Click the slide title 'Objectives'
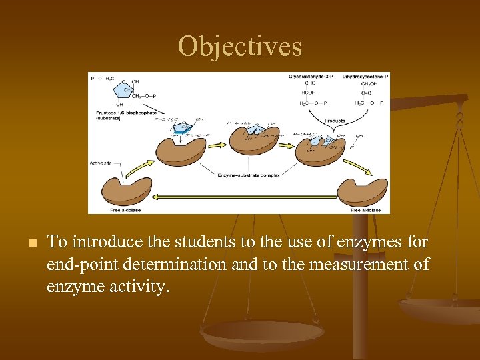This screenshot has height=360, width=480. click(240, 47)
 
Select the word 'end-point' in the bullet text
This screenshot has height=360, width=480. click(75, 264)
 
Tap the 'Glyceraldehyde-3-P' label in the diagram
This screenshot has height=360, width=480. click(313, 77)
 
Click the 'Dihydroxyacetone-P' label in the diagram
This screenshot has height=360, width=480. click(366, 77)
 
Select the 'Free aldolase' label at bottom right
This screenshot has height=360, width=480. click(365, 210)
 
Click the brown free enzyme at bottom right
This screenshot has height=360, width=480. click(362, 192)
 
